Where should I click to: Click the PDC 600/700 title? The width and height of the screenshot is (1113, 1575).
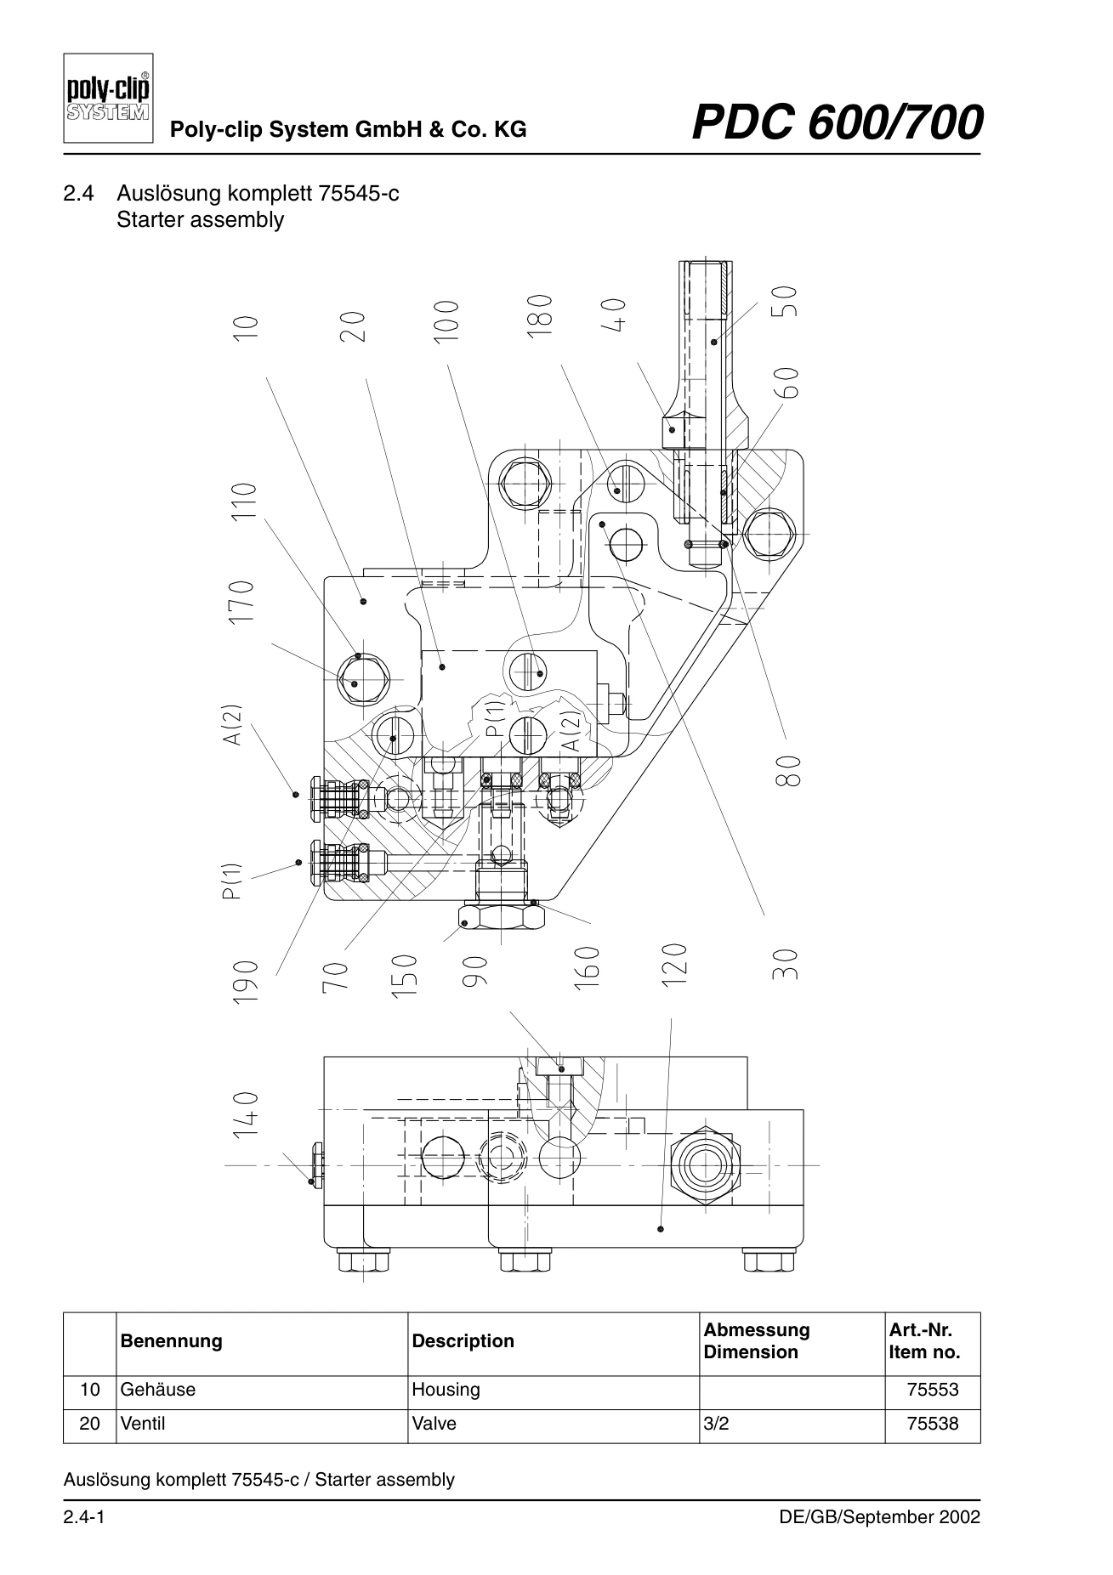coord(838,122)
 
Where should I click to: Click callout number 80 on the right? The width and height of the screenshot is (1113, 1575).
coord(788,771)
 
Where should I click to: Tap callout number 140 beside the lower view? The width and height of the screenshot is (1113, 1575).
coord(245,1115)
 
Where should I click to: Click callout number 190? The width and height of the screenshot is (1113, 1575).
coord(245,982)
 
